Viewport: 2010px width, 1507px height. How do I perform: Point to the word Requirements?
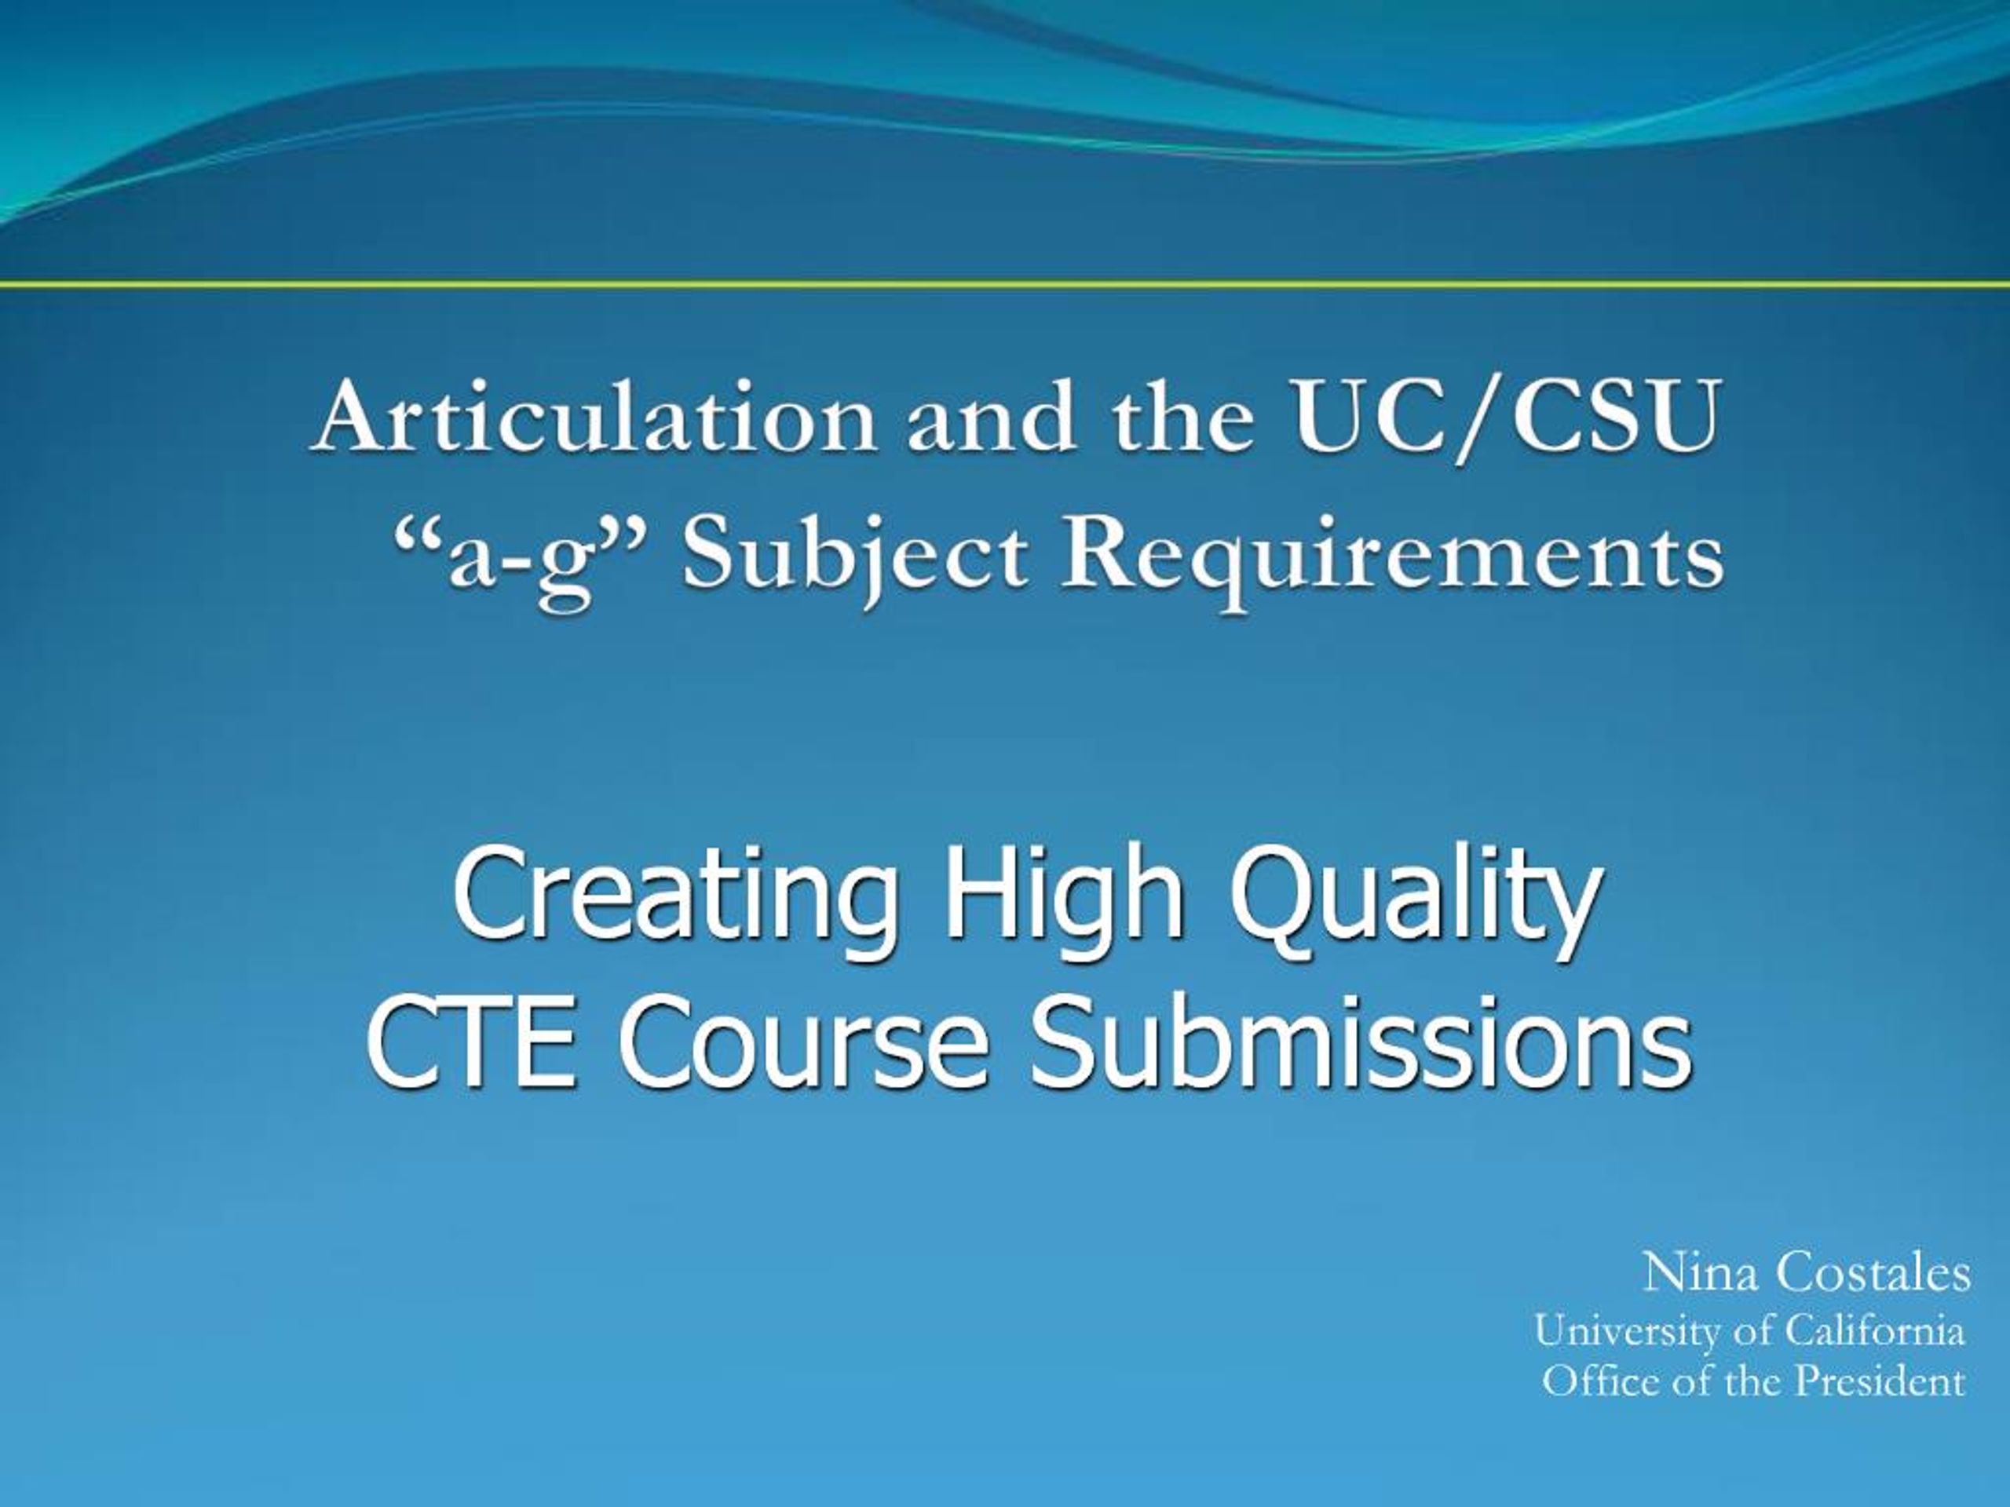[1391, 555]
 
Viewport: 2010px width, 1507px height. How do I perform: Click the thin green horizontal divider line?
[1005, 285]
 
